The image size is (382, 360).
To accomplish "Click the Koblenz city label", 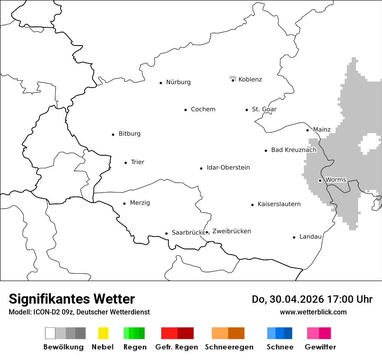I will (x=250, y=79).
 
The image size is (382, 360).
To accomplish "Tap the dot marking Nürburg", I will (x=161, y=82).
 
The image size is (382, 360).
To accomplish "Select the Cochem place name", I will (x=203, y=109).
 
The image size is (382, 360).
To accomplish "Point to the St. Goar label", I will (x=264, y=109).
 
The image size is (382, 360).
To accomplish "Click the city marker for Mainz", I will (x=307, y=130).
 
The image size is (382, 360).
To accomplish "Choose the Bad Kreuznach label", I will (x=293, y=150).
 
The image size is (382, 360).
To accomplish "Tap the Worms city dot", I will (x=320, y=180).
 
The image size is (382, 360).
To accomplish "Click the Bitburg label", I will (x=129, y=134).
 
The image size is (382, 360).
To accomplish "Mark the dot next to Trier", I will (x=125, y=163).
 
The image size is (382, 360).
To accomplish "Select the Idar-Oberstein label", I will (x=228, y=167).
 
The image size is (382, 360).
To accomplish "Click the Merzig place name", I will (x=140, y=203).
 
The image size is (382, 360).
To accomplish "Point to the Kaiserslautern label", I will (x=279, y=204).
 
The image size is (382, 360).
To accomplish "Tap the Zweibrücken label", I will (x=231, y=231).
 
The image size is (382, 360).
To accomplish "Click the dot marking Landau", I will (x=294, y=237).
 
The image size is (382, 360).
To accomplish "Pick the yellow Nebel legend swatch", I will (x=103, y=333).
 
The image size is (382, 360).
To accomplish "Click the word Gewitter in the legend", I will (x=320, y=347).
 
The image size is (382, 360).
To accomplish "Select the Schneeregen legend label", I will (x=229, y=347).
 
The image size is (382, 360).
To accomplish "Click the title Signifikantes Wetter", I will (x=72, y=299).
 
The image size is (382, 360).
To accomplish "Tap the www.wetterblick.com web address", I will (x=313, y=312).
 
